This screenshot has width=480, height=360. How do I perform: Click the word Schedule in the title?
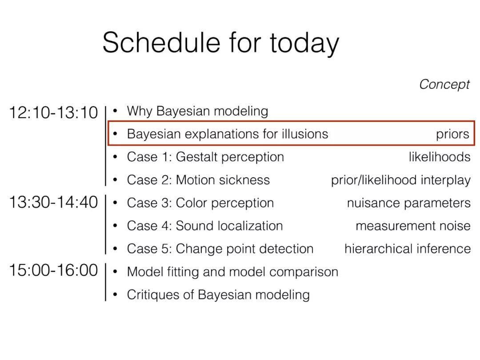pos(161,42)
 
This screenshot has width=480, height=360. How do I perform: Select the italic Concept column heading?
pos(444,84)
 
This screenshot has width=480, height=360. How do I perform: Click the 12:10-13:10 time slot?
pos(54,112)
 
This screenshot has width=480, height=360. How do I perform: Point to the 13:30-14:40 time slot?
pos(54,202)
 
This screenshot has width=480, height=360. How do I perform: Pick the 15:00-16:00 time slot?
pos(54,270)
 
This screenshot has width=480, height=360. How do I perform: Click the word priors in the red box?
pos(452,134)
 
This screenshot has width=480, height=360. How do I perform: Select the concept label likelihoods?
pos(440,157)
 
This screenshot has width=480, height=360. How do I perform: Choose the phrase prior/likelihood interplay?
pos(401,180)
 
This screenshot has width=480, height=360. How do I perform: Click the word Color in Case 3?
pos(192,203)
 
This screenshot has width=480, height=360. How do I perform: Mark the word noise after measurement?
pos(455,226)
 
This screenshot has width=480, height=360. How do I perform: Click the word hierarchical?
pos(378,248)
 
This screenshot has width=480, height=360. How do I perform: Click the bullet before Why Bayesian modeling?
pos(115,111)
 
